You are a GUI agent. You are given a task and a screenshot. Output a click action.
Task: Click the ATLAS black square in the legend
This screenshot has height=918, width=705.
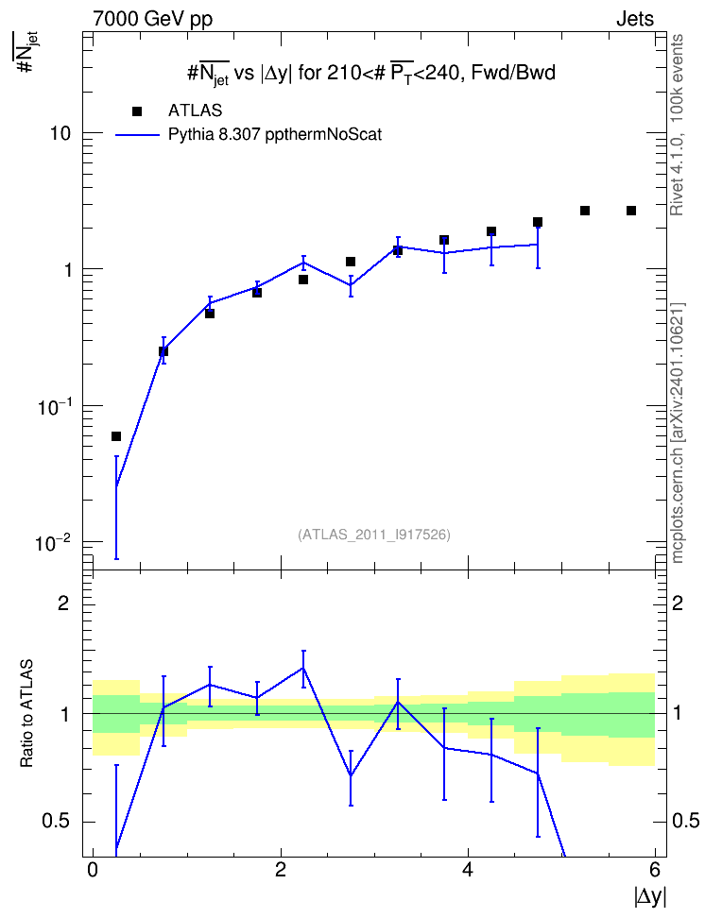tap(137, 111)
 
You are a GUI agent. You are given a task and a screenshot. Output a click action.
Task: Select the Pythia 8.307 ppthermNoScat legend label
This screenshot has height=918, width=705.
tap(275, 135)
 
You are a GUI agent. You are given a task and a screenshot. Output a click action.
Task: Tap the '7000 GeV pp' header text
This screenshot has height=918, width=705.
tap(152, 19)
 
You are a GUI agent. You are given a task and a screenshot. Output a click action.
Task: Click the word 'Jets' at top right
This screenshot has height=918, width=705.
tap(635, 19)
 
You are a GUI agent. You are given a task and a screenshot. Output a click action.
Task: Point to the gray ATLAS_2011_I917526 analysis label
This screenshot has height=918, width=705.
tap(374, 535)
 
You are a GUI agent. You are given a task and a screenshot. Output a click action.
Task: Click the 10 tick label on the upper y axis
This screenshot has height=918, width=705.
tap(60, 133)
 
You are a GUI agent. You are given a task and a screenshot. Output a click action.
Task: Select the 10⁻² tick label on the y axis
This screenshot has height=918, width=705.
tap(53, 543)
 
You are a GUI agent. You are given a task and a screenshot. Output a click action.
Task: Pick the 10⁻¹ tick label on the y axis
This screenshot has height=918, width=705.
tap(53, 406)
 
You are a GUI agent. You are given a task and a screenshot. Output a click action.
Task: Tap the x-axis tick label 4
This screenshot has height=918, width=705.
tap(468, 870)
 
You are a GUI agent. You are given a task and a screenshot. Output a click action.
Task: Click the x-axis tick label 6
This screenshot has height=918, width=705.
tap(655, 870)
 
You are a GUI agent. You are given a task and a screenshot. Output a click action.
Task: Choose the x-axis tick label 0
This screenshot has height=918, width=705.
tap(93, 870)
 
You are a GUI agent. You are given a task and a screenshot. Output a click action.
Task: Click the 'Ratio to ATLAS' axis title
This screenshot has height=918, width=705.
tap(26, 714)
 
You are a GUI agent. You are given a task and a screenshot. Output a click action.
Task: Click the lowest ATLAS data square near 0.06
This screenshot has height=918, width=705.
tap(116, 436)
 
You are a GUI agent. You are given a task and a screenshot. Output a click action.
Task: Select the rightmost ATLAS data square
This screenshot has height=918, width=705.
tap(631, 211)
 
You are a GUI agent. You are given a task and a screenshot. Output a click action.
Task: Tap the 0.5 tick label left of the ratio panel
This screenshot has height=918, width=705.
tap(57, 822)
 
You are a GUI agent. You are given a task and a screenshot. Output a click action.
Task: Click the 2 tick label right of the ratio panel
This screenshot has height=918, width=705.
tap(678, 603)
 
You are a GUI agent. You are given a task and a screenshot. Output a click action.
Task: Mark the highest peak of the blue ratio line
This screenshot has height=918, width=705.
tap(303, 668)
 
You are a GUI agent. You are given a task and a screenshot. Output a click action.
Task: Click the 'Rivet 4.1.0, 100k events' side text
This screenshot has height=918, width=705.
tap(677, 125)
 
